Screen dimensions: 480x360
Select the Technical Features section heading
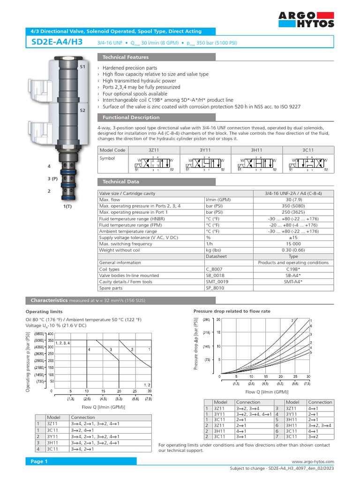coord(125,57)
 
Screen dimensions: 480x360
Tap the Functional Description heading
coord(131,117)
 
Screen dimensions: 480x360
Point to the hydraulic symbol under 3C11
coord(308,164)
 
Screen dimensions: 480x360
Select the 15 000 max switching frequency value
coord(293,244)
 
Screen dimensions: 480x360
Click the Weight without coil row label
coord(120,250)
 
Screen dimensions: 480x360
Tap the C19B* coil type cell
coord(293,269)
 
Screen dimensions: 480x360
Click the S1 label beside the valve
coord(82,67)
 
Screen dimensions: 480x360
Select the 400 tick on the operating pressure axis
coord(51,333)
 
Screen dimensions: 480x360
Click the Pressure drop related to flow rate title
coord(232,311)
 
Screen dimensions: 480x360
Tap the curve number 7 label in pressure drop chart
coord(292,321)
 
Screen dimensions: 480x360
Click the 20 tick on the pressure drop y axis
coord(218,319)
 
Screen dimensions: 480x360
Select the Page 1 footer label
coord(40,461)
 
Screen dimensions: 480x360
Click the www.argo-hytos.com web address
coord(313,462)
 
